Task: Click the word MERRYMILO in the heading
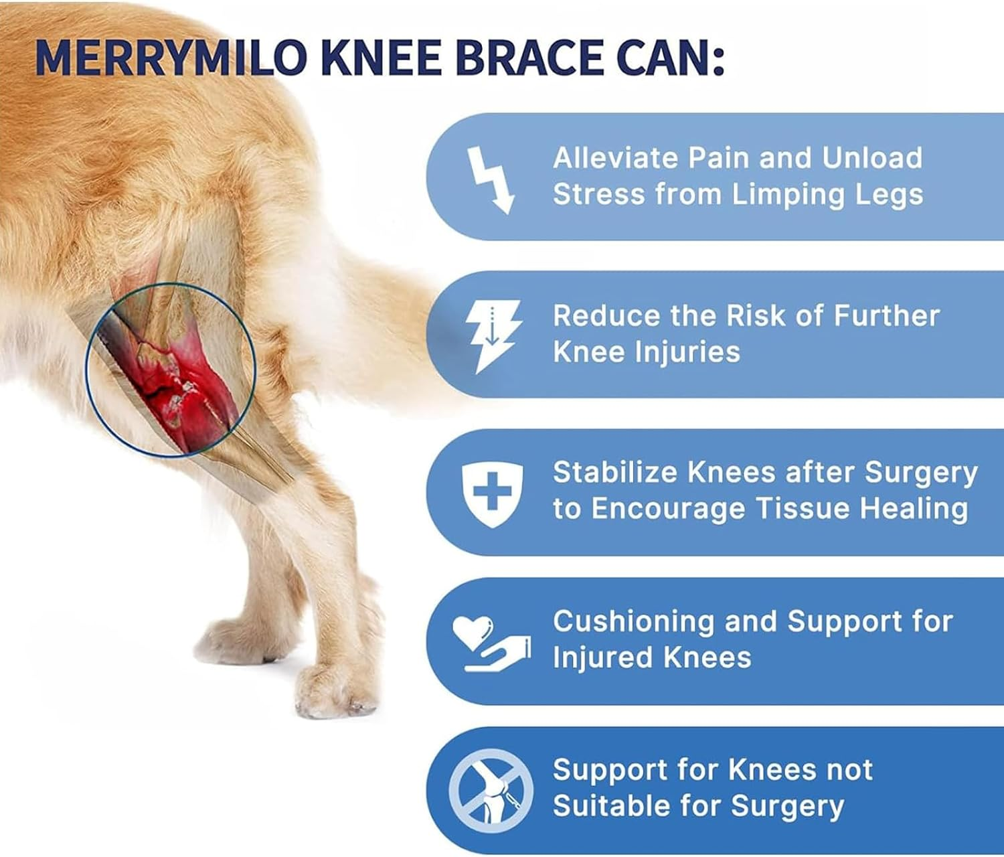171,58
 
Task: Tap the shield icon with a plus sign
492,493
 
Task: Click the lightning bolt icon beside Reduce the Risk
493,335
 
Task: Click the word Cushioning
634,622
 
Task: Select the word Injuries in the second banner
693,352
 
